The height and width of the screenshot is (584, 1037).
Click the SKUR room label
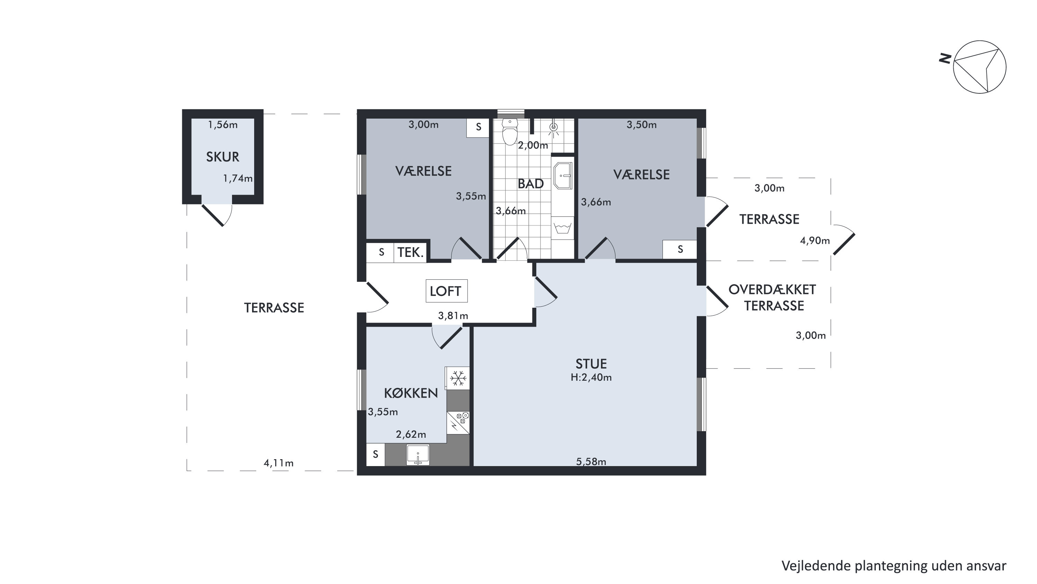click(x=223, y=157)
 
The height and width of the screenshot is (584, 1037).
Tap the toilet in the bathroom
click(x=510, y=132)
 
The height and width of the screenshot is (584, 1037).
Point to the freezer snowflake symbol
click(x=458, y=378)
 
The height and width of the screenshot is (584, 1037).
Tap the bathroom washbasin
click(x=563, y=176)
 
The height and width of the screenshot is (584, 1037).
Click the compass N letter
click(x=945, y=59)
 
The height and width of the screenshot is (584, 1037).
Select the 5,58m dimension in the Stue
click(x=591, y=462)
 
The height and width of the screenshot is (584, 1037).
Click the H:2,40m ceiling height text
click(x=591, y=378)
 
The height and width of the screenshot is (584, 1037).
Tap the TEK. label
click(x=410, y=252)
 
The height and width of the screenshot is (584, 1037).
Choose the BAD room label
click(x=530, y=184)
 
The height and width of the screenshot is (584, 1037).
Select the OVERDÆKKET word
click(x=772, y=289)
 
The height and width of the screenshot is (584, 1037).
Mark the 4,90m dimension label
click(x=815, y=241)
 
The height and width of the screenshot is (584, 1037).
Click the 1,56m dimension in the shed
click(x=223, y=125)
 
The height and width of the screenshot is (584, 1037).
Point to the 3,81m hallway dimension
click(x=453, y=316)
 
